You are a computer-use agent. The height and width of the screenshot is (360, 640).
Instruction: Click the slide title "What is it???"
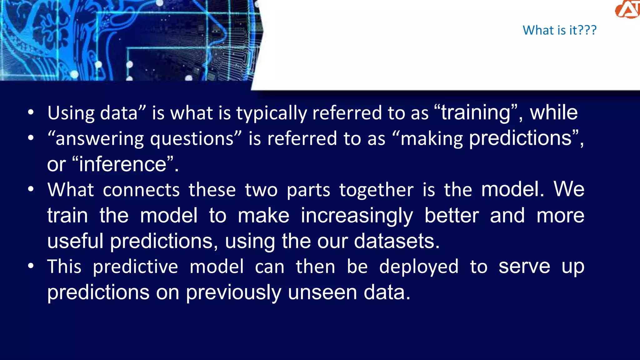point(559,30)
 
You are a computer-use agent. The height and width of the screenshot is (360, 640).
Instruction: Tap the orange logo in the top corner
point(627,9)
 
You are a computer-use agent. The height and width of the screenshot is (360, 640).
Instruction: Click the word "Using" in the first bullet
point(71,113)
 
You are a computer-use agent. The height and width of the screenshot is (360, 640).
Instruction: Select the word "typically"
point(271,113)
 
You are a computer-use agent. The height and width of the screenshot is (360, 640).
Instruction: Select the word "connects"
point(141,190)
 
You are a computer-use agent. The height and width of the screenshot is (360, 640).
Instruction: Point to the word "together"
point(376,190)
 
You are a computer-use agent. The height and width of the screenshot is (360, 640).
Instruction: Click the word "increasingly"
point(357,216)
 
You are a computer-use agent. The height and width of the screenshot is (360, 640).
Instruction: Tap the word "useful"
point(75,241)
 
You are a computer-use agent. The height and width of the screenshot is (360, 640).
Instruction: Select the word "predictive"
point(135,267)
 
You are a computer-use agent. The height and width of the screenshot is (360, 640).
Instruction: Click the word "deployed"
point(419,267)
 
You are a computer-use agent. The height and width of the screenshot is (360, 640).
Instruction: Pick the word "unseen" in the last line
point(322,292)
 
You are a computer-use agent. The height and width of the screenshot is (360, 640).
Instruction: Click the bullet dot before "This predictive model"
point(31,266)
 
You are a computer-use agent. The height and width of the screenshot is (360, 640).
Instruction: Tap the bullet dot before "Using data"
point(31,112)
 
